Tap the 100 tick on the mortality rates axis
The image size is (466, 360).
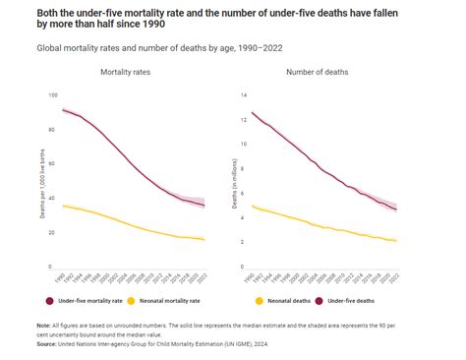[52, 95]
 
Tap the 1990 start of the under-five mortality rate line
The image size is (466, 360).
[63, 110]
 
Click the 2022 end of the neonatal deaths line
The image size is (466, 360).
[396, 240]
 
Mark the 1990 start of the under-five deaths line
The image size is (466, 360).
[253, 112]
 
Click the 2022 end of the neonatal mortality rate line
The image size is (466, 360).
[204, 239]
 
